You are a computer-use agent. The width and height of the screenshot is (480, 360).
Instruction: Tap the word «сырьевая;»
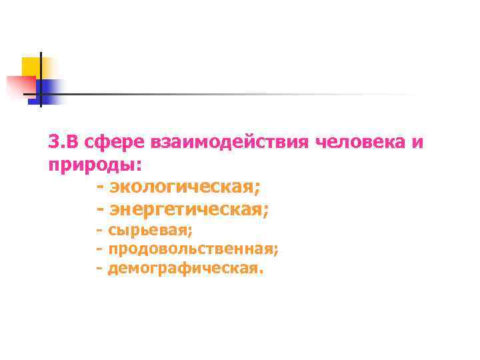click(x=150, y=231)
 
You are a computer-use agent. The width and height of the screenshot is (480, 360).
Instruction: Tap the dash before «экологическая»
click(x=101, y=187)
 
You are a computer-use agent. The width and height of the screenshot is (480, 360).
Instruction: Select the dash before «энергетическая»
click(x=101, y=209)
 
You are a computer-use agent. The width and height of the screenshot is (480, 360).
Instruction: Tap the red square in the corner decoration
click(x=20, y=85)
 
